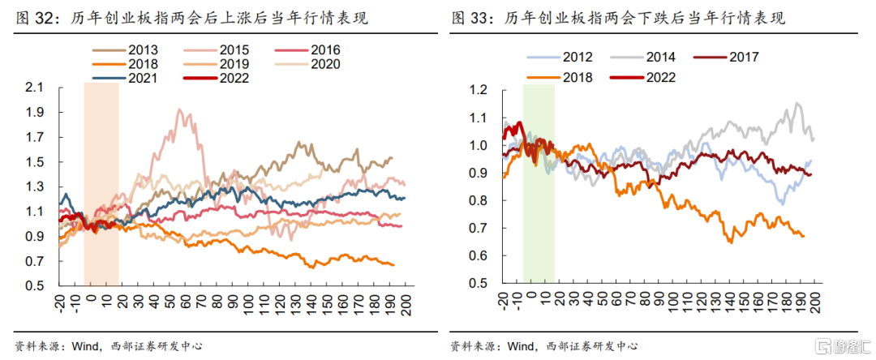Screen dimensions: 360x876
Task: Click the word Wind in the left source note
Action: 86,345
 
